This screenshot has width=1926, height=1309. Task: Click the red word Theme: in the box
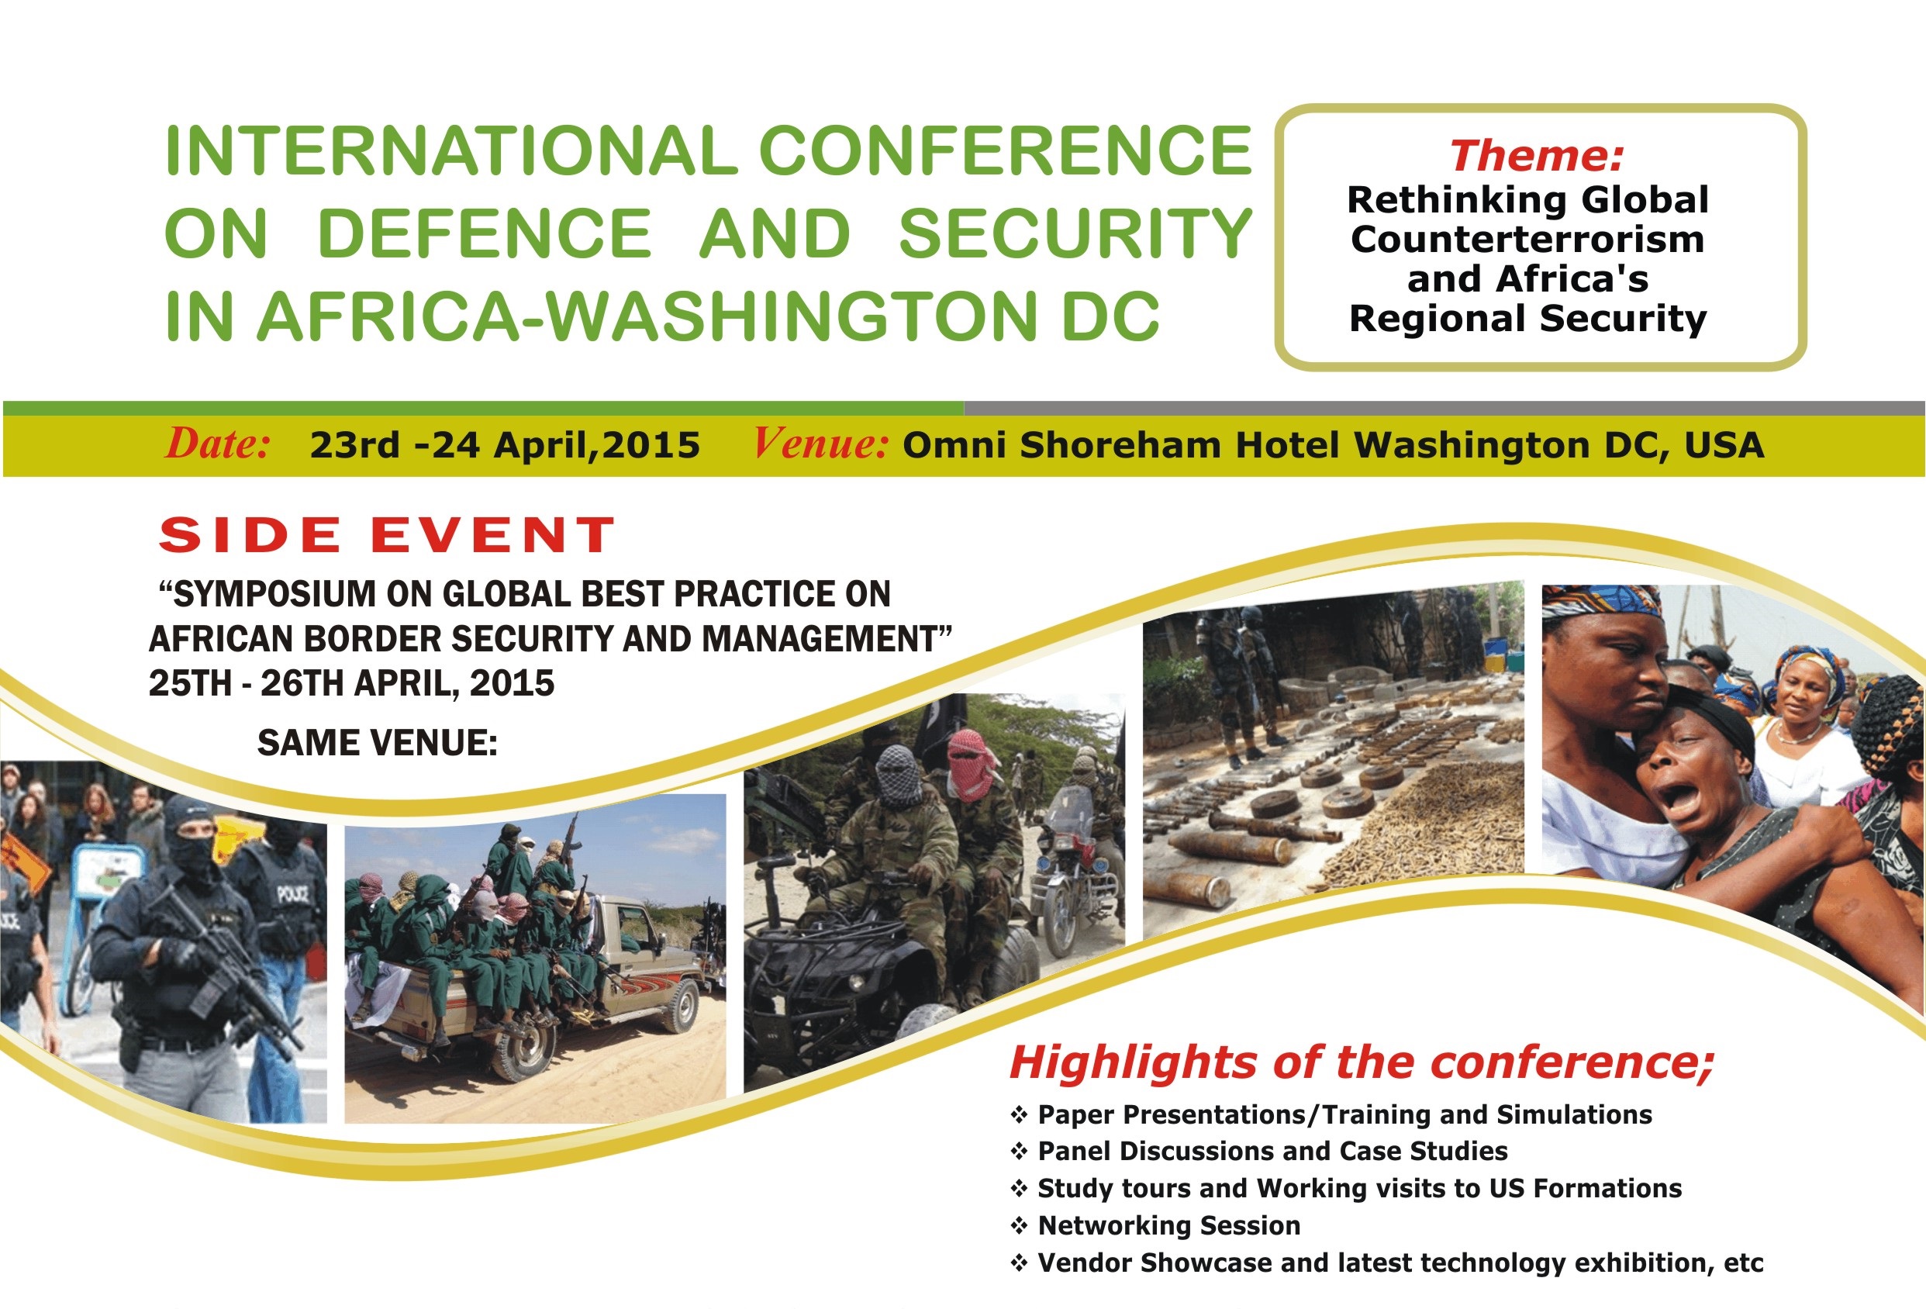click(1537, 156)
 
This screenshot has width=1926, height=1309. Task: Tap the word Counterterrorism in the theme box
click(1527, 240)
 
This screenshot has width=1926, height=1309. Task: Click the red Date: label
click(218, 444)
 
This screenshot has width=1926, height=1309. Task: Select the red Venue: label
click(820, 444)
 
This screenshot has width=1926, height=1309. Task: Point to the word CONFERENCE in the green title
click(1004, 151)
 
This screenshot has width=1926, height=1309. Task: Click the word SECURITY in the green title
click(1075, 233)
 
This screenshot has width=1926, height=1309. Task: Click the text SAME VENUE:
click(377, 743)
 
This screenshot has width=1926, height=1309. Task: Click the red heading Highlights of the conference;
click(1361, 1062)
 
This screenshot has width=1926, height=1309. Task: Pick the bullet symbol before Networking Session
click(1020, 1225)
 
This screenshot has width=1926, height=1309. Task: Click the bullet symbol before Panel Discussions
click(1020, 1152)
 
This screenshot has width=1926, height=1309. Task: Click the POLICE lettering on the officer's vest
click(294, 893)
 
